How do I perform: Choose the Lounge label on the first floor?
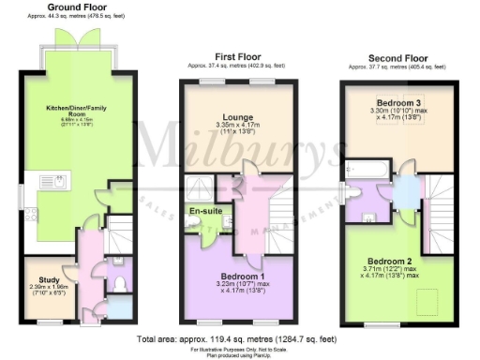point(238,116)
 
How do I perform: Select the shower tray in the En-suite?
point(201,186)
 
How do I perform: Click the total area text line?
point(240,337)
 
